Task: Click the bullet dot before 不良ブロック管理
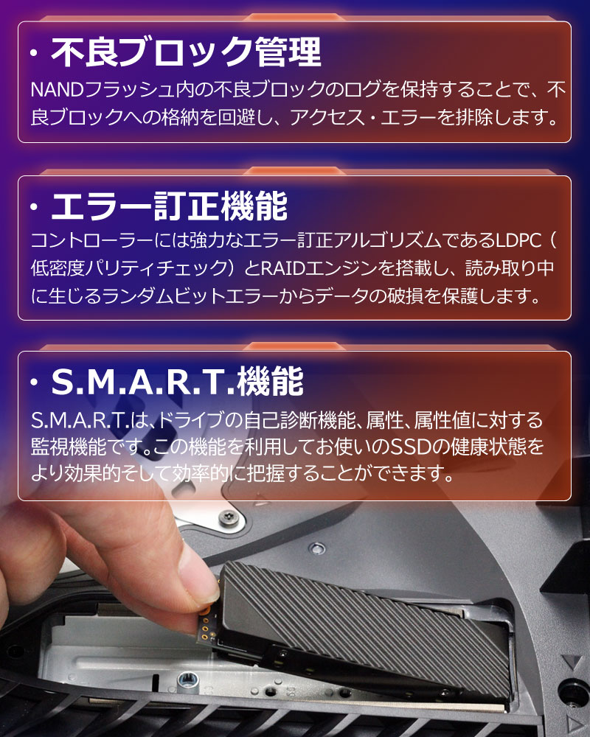[x=35, y=55]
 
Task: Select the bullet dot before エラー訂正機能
[x=35, y=209]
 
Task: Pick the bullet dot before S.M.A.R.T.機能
[x=35, y=384]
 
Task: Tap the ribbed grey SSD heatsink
[x=369, y=619]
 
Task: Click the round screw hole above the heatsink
[x=318, y=548]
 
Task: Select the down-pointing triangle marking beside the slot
[x=569, y=660]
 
